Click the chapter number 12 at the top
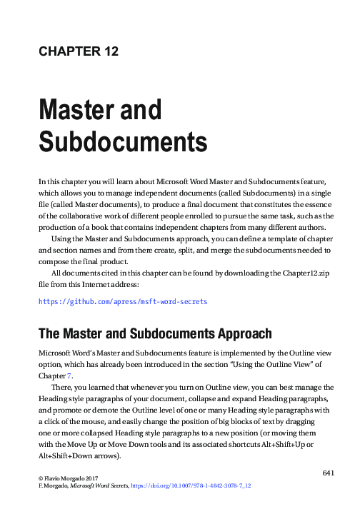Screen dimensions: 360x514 [108, 51]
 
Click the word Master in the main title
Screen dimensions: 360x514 [75, 111]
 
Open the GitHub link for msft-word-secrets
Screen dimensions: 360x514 [122, 302]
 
